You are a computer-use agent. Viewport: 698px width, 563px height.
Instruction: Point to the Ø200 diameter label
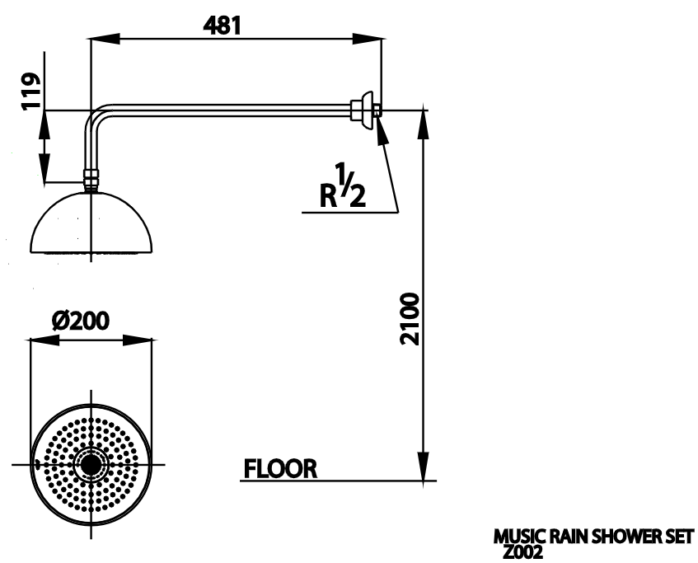tap(81, 321)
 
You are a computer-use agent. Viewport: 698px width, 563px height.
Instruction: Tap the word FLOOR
tap(280, 469)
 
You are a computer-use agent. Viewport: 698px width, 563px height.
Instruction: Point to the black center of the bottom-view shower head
tap(90, 466)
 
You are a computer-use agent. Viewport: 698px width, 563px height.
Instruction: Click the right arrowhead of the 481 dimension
tap(374, 38)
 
